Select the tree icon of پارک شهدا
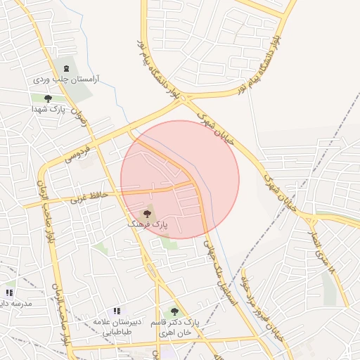[48, 98]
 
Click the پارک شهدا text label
[48, 110]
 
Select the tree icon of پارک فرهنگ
[147, 213]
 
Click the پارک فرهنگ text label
[148, 224]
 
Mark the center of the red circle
[180, 179]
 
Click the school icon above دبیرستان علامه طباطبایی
[117, 311]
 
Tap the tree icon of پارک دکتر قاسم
[174, 311]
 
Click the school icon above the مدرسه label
[9, 292]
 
